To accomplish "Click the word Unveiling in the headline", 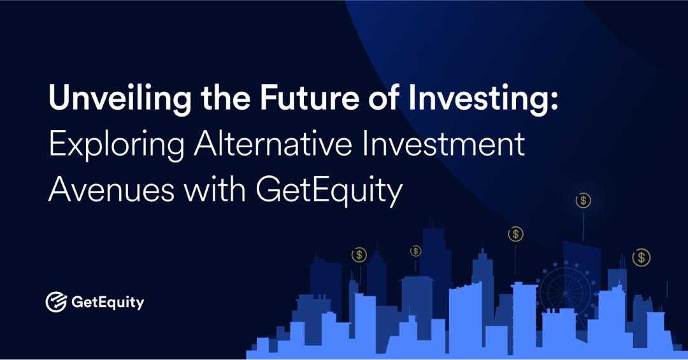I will tap(108, 101).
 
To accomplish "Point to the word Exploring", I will tap(115, 146).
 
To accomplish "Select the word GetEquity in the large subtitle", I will tap(329, 191).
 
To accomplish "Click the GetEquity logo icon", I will tap(57, 302).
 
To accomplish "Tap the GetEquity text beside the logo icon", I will tap(106, 303).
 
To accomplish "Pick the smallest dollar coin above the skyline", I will tap(416, 251).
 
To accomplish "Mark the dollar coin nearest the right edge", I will tap(641, 257).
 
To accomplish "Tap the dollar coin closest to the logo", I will tap(359, 255).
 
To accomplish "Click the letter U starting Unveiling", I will tap(59, 101).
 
